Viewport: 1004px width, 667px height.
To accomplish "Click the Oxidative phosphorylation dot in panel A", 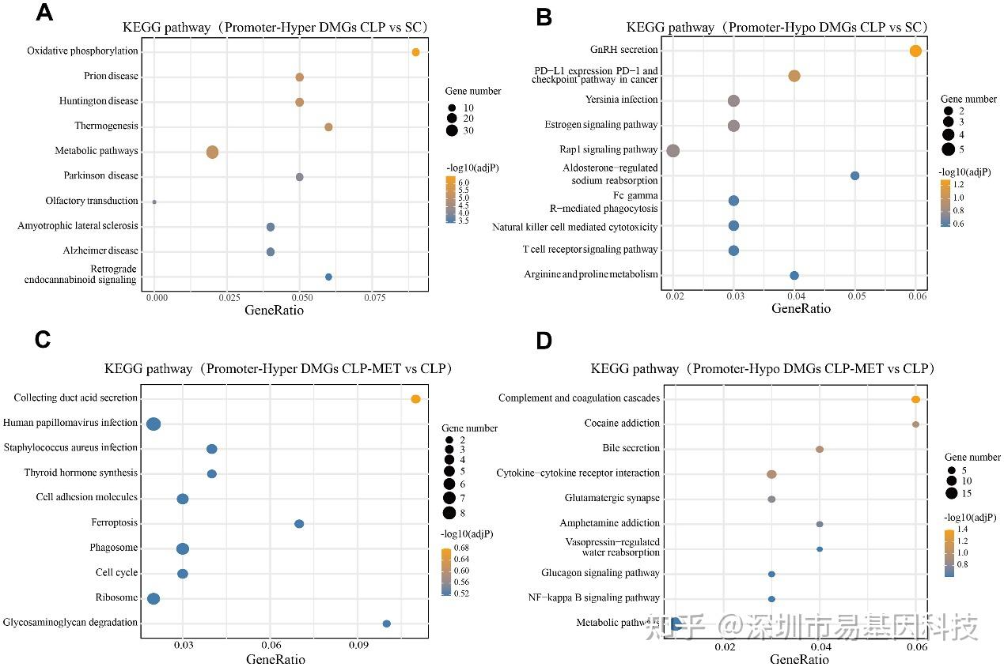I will coord(415,52).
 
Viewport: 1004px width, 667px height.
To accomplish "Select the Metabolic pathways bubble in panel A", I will coord(212,153).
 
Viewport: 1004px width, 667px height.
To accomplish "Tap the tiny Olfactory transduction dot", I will coord(154,202).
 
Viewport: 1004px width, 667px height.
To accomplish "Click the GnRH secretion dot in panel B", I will coord(915,51).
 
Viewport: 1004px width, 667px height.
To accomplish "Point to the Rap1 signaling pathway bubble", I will coord(673,151).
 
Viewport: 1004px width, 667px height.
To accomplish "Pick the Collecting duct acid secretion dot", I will coord(415,399).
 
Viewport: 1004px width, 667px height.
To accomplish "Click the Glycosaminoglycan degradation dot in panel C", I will coord(386,624).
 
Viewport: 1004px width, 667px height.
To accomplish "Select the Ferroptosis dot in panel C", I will coord(299,524).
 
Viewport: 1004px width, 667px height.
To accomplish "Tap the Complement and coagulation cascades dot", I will coord(915,400).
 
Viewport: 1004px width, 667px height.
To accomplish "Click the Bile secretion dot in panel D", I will coord(820,449).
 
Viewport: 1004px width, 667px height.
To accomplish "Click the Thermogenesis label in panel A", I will coord(106,126).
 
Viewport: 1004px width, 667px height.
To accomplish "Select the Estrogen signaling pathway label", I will coord(601,125).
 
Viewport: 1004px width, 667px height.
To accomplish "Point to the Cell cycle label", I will coord(116,573).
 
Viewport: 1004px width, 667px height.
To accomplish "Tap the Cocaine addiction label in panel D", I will coord(622,424).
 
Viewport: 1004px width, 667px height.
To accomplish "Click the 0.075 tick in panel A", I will coord(374,299).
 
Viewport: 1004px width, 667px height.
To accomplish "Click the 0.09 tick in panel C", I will coord(359,645).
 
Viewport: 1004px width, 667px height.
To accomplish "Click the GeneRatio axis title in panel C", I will coord(275,659).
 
